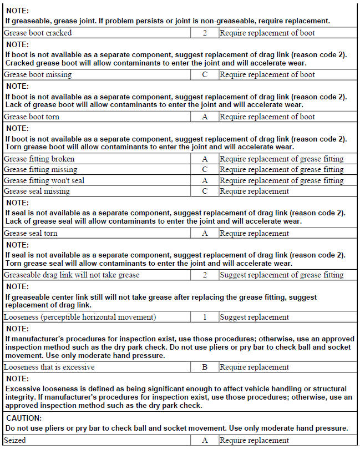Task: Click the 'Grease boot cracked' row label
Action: click(38, 33)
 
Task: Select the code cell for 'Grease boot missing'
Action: click(205, 74)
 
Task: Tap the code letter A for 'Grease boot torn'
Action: click(205, 117)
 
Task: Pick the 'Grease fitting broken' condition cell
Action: click(39, 159)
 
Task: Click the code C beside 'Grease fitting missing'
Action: click(205, 169)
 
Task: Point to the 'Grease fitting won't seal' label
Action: click(44, 180)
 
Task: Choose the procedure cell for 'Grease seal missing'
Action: click(254, 191)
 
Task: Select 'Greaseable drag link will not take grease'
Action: click(72, 275)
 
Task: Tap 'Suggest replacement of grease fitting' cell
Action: click(282, 275)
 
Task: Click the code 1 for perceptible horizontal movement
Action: click(205, 317)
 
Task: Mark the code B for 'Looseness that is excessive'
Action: click(205, 367)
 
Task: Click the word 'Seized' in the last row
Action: click(15, 440)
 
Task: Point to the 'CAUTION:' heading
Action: click(25, 418)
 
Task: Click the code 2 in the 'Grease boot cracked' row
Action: click(205, 33)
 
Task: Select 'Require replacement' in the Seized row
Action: click(254, 440)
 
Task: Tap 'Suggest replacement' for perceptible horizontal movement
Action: click(254, 317)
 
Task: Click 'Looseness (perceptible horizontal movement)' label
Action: click(80, 317)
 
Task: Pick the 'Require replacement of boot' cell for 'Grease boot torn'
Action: click(267, 117)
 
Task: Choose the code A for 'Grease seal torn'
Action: click(205, 233)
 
